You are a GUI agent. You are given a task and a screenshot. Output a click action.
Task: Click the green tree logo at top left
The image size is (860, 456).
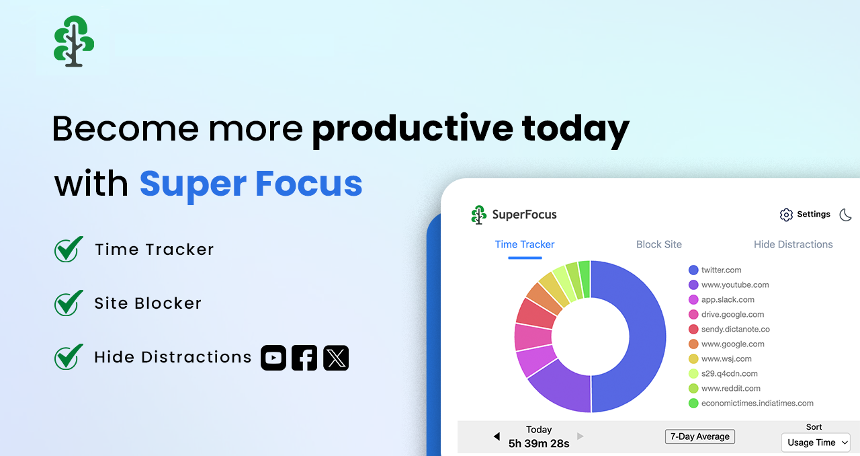pyautogui.click(x=74, y=41)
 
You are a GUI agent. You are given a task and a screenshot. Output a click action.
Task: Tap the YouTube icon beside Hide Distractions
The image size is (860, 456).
pyautogui.click(x=273, y=358)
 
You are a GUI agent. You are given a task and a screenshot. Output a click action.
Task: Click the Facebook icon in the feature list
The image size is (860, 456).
pyautogui.click(x=304, y=358)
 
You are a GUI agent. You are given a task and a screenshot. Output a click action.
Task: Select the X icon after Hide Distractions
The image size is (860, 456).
pyautogui.click(x=336, y=358)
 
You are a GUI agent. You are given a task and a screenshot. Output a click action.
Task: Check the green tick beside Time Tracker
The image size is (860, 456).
pyautogui.click(x=69, y=250)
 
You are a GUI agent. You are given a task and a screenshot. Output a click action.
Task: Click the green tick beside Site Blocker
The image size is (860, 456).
pyautogui.click(x=69, y=303)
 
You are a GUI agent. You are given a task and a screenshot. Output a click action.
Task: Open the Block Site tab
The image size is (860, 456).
pyautogui.click(x=658, y=244)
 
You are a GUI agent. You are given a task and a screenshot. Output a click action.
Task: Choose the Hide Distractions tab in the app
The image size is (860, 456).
pyautogui.click(x=793, y=244)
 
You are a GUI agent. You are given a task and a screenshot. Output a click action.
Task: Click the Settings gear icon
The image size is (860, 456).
pyautogui.click(x=786, y=215)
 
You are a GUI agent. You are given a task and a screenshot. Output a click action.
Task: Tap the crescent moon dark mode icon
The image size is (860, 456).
pyautogui.click(x=846, y=215)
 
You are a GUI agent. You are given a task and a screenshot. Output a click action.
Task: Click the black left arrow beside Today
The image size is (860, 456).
pyautogui.click(x=497, y=436)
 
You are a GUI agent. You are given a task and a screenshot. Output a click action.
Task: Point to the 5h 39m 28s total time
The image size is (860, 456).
pyautogui.click(x=539, y=443)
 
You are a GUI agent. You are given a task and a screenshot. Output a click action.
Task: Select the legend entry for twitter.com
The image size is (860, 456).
pyautogui.click(x=721, y=270)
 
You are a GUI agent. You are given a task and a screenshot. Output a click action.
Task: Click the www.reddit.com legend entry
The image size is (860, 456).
pyautogui.click(x=730, y=388)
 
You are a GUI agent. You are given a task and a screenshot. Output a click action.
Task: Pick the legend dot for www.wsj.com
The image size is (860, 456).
pyautogui.click(x=693, y=358)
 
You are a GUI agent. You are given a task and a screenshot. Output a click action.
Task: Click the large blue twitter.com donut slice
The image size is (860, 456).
pyautogui.click(x=638, y=336)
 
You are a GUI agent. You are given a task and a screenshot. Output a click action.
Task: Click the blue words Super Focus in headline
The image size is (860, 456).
pyautogui.click(x=251, y=184)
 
